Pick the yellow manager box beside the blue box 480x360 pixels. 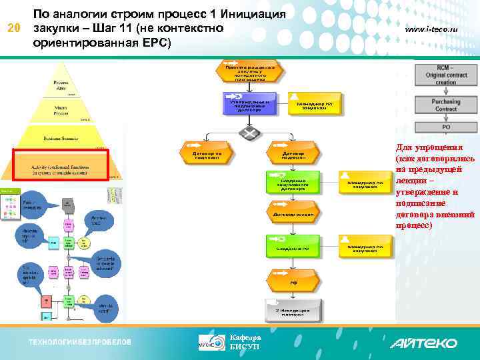[311, 106]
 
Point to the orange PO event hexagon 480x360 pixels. [293, 281]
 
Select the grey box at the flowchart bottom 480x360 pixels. [293, 311]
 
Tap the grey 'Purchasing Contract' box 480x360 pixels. [446, 105]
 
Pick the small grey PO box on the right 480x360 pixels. [446, 127]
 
